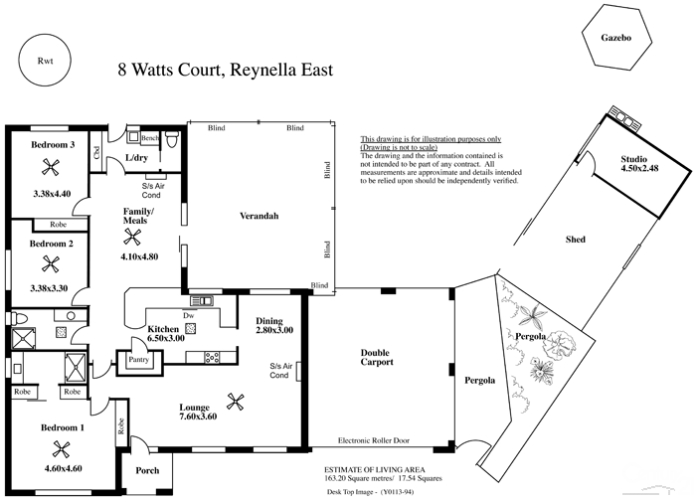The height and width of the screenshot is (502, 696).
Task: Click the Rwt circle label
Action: click(44, 61)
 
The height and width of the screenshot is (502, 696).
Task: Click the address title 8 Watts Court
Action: click(225, 70)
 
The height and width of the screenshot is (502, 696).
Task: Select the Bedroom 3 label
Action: click(52, 145)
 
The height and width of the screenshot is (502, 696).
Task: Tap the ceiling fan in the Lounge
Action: click(237, 402)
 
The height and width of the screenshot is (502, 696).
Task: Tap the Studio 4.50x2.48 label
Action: click(639, 165)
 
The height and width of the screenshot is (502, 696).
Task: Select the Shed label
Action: click(575, 240)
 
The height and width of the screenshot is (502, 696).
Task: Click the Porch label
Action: click(148, 471)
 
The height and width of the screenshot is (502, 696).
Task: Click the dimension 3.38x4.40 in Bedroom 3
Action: click(52, 193)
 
